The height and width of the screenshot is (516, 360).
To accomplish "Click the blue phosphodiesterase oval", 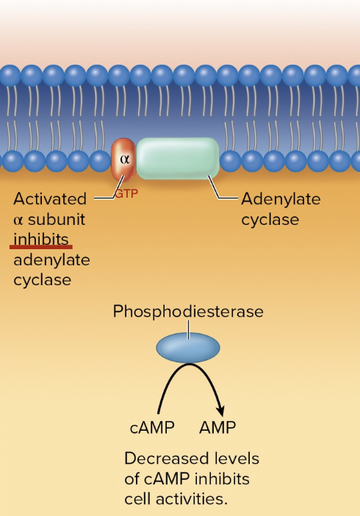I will tap(188, 347).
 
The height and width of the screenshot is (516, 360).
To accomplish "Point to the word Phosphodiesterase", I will tap(188, 312).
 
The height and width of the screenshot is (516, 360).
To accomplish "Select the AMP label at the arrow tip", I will tap(217, 428).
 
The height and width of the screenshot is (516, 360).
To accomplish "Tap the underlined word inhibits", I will tap(41, 239).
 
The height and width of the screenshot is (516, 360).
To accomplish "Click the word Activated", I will tap(50, 199).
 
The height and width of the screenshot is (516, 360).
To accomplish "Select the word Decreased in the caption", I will tap(163, 459).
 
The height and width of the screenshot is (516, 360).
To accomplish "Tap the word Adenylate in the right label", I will tap(281, 199).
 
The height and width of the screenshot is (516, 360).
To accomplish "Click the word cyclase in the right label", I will tap(270, 219).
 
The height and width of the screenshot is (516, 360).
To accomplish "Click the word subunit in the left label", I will tap(57, 219).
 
